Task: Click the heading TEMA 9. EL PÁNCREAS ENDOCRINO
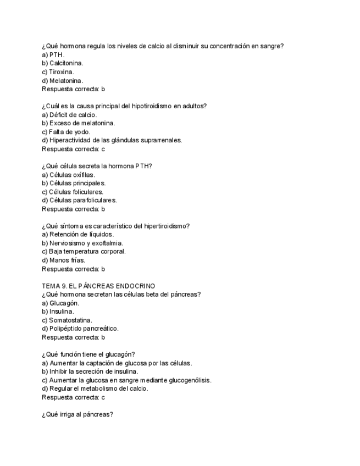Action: coord(98,286)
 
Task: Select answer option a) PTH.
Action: coord(53,55)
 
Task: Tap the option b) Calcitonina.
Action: coord(63,63)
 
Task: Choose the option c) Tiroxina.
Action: coord(58,72)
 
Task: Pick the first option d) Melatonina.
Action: coord(63,81)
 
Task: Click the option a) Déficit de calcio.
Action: coord(69,115)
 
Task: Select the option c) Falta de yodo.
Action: coord(66,132)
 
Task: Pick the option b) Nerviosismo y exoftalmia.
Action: coord(82,243)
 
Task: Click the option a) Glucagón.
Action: coord(60,303)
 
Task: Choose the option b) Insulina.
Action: coord(58,312)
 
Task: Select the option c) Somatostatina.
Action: coord(67,320)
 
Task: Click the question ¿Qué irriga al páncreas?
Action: coord(77,414)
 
